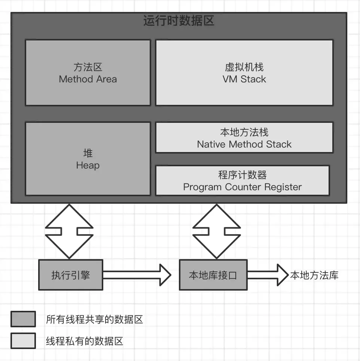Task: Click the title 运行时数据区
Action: tap(179, 21)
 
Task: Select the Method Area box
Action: tap(88, 73)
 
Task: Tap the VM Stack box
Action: tap(244, 73)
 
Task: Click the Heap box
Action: tap(88, 159)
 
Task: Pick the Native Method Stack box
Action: tap(244, 138)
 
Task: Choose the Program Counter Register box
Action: tap(242, 181)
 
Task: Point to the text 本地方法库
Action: tap(314, 276)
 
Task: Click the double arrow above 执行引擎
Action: tap(69, 231)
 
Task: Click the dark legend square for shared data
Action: tap(23, 319)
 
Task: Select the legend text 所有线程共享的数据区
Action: tap(94, 319)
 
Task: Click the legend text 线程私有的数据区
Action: tap(84, 341)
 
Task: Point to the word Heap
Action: tap(88, 165)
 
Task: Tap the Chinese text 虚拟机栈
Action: tap(244, 67)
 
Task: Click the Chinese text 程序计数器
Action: tap(242, 175)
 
